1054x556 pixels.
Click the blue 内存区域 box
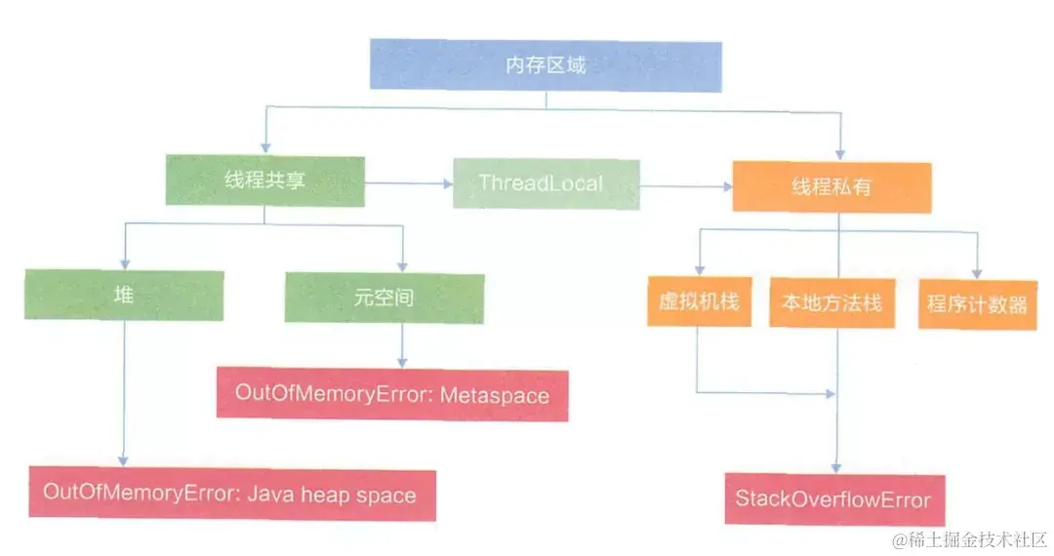point(545,65)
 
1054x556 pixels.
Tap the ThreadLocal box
point(546,182)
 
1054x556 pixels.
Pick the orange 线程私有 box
point(831,186)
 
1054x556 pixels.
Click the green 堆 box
point(124,296)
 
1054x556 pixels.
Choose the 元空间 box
point(384,297)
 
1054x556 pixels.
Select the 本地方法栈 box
point(831,302)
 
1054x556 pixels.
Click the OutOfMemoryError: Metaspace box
point(391,394)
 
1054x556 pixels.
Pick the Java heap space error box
point(231,495)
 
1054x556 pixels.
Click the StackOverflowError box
point(833,500)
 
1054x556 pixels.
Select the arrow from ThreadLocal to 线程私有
point(686,184)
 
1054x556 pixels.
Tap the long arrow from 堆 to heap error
point(124,390)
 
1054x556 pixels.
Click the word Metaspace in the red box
point(494,395)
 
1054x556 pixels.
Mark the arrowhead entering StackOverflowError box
point(833,468)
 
